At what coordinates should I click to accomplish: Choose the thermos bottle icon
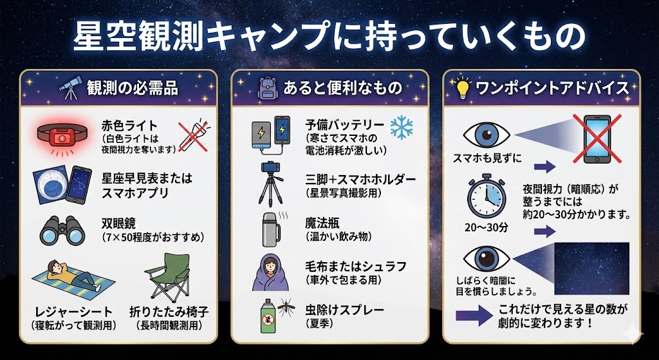pos(272,227)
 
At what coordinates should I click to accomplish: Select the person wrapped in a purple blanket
pos(272,272)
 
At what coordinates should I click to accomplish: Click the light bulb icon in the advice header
pos(462,89)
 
